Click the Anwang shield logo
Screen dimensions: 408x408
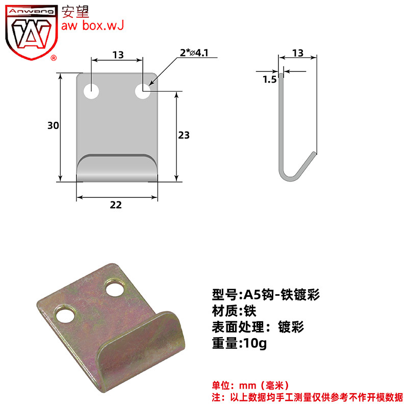point(32,32)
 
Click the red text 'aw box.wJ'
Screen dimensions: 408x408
point(92,25)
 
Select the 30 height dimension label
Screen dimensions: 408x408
point(53,125)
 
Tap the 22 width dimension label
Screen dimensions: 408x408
point(116,205)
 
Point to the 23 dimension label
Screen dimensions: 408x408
point(184,135)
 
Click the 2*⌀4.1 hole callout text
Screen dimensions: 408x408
point(194,53)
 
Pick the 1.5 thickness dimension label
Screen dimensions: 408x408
point(270,80)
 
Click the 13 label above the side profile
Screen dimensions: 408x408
point(298,53)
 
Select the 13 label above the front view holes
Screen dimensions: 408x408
point(118,55)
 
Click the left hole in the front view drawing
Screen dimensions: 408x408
point(91,91)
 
